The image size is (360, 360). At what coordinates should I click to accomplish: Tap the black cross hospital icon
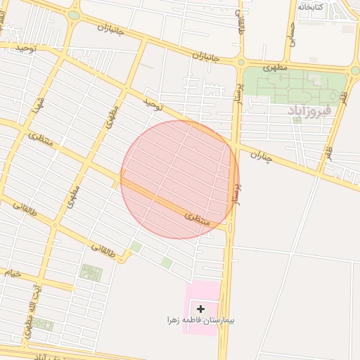pos(201,308)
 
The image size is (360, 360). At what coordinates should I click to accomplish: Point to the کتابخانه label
pos(310,6)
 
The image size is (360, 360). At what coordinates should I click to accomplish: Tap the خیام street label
pos(13,272)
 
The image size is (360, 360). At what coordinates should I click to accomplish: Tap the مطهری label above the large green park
pos(276,68)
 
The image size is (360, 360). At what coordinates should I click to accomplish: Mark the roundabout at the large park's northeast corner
pos(353,70)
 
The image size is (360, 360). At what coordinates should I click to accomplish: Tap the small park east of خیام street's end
pos(91,273)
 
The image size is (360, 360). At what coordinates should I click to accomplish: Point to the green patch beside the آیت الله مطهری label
pos(44,325)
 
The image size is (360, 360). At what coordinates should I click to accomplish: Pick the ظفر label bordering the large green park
pos(342,97)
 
